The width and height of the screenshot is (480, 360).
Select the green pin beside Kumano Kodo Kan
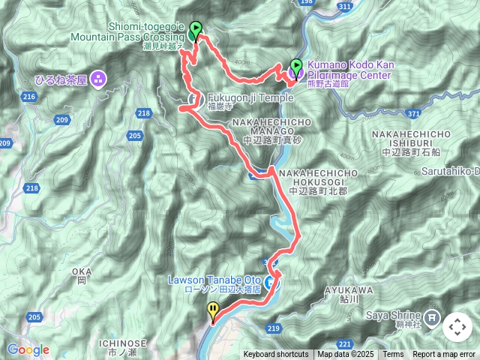(x=296, y=67)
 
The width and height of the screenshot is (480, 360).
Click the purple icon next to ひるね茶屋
(x=99, y=79)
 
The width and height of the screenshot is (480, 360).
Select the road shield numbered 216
(x=30, y=97)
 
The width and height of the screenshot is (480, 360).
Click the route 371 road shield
(x=410, y=112)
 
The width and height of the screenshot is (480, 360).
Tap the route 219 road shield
(x=273, y=328)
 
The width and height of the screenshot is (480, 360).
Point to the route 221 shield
(x=346, y=343)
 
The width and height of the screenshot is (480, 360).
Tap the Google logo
(x=28, y=349)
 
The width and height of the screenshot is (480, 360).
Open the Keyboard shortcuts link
(x=275, y=355)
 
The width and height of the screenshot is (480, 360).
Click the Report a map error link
(x=444, y=355)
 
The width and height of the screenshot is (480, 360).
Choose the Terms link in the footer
(x=393, y=355)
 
